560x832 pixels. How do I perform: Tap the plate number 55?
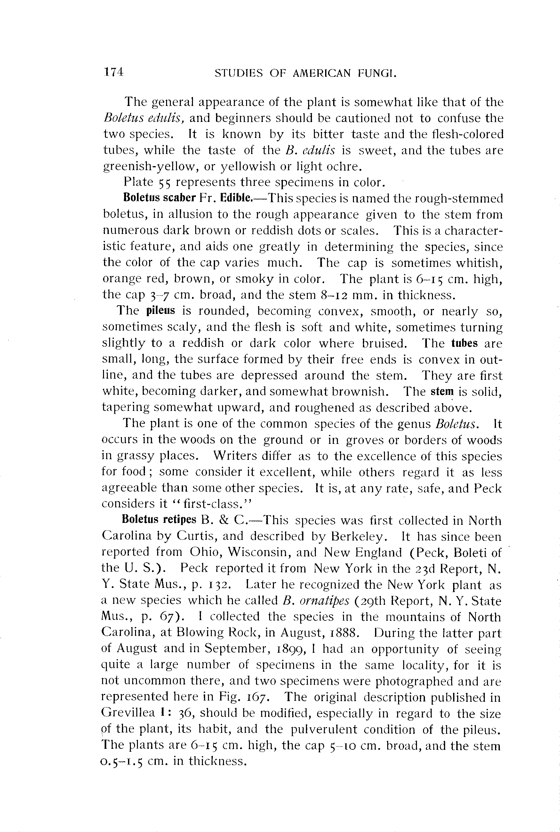click(165, 183)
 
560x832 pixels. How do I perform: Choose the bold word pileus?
click(161, 311)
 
